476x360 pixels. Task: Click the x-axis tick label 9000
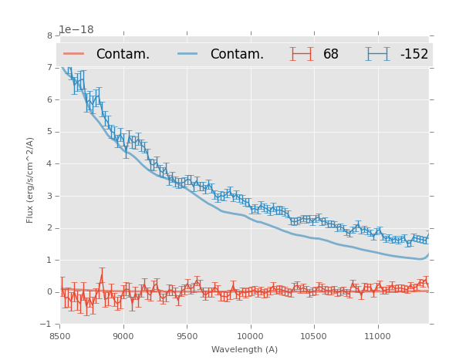point(123,337)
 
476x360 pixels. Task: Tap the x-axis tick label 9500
point(187,337)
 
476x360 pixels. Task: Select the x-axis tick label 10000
point(250,337)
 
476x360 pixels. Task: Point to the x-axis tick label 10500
point(314,337)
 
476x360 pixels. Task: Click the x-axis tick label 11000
point(377,337)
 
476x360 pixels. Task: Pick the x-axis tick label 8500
point(60,337)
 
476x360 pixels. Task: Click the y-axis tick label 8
point(49,35)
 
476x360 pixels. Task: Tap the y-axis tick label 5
point(49,132)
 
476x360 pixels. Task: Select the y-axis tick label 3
point(49,196)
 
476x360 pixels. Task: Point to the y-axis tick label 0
point(49,292)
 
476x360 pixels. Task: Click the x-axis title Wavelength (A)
point(244,349)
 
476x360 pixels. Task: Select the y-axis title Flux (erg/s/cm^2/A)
point(31,180)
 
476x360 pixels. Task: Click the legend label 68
point(331,55)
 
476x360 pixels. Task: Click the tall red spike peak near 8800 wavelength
point(101,275)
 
